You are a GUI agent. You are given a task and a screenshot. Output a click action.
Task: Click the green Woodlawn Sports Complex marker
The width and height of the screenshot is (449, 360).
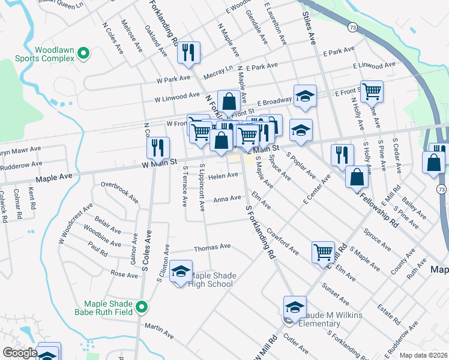click(83, 55)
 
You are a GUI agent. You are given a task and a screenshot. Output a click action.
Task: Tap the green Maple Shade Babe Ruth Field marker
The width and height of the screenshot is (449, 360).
click(142, 307)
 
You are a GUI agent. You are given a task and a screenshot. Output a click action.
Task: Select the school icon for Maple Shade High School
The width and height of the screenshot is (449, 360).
click(181, 272)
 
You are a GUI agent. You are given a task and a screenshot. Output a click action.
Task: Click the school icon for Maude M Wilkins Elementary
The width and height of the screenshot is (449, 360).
click(295, 308)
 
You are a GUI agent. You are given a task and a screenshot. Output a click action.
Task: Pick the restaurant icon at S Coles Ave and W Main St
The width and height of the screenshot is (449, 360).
click(158, 146)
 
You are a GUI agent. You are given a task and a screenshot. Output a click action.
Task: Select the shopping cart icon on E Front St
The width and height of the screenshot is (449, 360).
click(372, 92)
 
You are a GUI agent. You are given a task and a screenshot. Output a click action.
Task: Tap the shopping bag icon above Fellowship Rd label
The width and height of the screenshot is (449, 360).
click(357, 176)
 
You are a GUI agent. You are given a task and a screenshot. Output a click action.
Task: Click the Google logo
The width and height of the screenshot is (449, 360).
click(19, 353)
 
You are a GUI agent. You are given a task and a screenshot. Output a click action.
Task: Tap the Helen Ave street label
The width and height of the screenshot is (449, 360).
click(223, 175)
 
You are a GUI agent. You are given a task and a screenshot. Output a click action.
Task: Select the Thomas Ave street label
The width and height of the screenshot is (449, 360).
click(212, 247)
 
